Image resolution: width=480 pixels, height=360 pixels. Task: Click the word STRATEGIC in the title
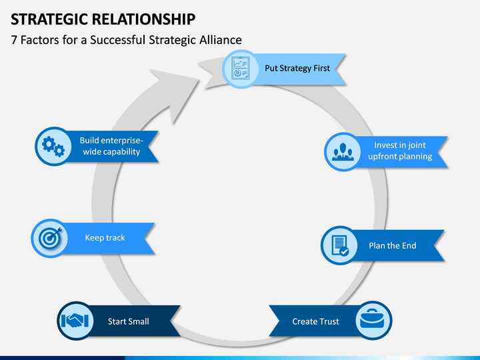(x=49, y=19)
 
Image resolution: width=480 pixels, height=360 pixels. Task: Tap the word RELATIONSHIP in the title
(x=143, y=19)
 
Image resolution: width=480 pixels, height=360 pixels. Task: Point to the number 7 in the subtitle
(x=14, y=40)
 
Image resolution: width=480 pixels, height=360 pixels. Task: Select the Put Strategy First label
(x=297, y=68)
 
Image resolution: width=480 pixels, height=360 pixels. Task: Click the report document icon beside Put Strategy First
(x=240, y=69)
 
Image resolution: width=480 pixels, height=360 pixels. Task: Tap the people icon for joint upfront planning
(x=343, y=152)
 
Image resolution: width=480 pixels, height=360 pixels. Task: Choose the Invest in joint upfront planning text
(x=400, y=151)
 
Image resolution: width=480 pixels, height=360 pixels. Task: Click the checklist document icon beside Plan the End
(x=340, y=245)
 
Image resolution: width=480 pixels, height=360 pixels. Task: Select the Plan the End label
(x=393, y=245)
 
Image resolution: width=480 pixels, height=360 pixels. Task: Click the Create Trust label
(x=315, y=321)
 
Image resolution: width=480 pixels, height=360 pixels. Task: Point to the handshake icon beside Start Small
(x=75, y=321)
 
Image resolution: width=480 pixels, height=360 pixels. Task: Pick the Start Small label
(x=128, y=321)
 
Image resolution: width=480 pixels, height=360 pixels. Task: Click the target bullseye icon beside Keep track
(x=50, y=237)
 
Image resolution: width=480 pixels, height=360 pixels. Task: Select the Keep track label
(x=105, y=237)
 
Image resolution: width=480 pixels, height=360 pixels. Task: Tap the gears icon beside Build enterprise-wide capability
(x=53, y=146)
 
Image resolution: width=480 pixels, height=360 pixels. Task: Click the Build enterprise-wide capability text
(x=111, y=146)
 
